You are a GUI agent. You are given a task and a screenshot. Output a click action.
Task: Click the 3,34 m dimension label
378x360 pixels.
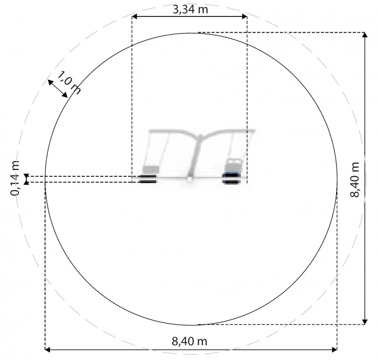tap(190, 9)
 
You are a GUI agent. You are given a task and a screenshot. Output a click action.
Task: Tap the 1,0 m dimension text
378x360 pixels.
tap(69, 82)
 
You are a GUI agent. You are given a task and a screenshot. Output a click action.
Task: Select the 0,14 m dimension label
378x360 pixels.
tap(15, 178)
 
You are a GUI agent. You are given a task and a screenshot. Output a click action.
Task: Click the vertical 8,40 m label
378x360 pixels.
tap(355, 180)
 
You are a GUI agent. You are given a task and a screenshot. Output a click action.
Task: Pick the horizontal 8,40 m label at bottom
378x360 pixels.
tap(189, 342)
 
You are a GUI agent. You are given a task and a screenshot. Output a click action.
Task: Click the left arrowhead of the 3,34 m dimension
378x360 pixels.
tap(135, 17)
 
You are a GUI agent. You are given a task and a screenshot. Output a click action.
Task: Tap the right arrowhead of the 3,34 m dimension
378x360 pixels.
tap(244, 17)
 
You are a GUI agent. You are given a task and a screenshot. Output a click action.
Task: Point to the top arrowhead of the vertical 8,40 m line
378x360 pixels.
tap(365, 35)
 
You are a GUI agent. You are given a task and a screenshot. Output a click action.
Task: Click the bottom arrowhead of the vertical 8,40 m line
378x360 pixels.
tap(365, 322)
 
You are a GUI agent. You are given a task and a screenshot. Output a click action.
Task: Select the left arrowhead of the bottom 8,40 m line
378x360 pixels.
tap(48, 350)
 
